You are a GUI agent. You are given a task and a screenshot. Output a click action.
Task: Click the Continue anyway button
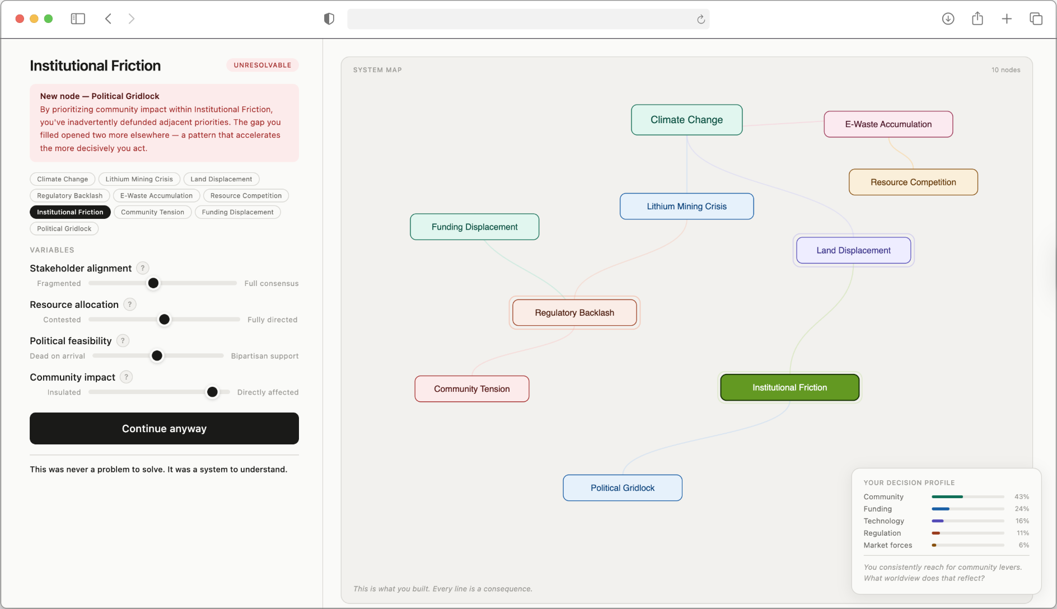(164, 428)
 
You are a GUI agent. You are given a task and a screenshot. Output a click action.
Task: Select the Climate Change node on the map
(686, 120)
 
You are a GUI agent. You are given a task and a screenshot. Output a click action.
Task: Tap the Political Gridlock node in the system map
(623, 488)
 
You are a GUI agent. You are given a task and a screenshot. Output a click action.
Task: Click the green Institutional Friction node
(789, 387)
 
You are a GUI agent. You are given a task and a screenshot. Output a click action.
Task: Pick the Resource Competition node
(913, 182)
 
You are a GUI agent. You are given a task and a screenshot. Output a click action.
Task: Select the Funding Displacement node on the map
(475, 227)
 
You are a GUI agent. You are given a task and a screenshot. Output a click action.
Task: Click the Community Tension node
(472, 388)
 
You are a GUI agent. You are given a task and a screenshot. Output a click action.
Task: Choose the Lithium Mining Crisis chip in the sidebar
(139, 179)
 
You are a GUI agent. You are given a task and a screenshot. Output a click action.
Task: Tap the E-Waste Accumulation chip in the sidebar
(156, 195)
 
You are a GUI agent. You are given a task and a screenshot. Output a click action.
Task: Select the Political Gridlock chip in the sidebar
(64, 228)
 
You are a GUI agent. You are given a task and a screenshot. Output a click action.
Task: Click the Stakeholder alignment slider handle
(153, 283)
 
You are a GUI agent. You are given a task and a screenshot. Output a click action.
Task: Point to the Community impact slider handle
(212, 392)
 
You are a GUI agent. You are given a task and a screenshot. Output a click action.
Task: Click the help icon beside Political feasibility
(123, 340)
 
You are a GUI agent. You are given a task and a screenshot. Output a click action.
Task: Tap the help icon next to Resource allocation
(130, 304)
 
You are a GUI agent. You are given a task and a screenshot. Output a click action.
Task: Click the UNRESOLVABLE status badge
(263, 65)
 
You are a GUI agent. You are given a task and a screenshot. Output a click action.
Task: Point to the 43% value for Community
(1022, 496)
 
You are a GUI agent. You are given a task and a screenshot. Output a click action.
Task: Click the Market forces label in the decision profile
(888, 545)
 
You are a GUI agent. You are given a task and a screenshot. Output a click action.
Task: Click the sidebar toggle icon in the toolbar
(78, 19)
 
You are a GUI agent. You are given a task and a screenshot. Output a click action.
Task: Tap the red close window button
(20, 19)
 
